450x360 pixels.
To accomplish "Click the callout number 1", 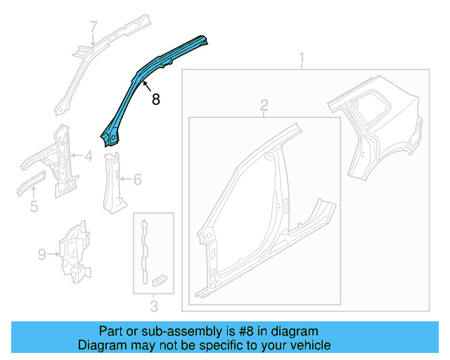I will point(302,57).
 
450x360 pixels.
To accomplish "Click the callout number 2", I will point(264,105).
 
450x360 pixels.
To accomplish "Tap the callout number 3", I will point(154,305).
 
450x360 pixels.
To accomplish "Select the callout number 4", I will point(88,157).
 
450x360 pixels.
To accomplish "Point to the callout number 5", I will point(33,207).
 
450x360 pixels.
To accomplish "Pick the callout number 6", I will point(137,180).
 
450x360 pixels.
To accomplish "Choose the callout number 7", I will point(93,27).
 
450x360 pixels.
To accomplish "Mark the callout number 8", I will point(155,100).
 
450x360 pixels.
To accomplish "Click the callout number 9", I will point(41,253).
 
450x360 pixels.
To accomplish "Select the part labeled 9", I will point(74,251).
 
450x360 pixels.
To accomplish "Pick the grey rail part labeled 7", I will point(98,56).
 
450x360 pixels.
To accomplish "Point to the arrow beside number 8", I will point(146,87).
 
